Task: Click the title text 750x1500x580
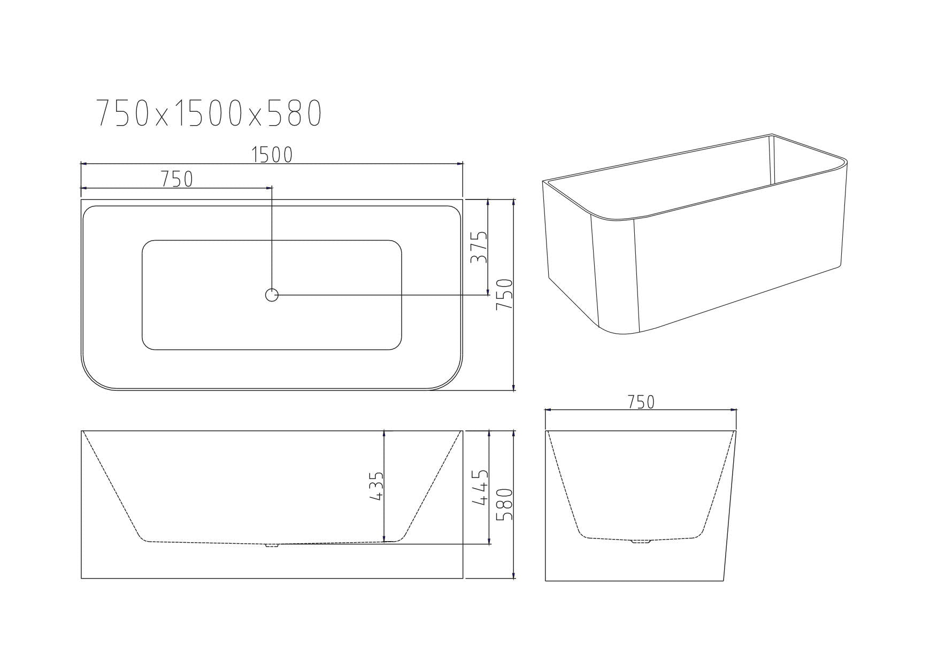(x=209, y=113)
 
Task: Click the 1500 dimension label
(x=272, y=155)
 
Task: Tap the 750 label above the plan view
(x=177, y=179)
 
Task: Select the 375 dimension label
(x=479, y=247)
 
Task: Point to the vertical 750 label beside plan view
(x=505, y=295)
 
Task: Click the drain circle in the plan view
(x=272, y=295)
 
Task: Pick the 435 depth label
(x=376, y=485)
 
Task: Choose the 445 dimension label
(x=481, y=487)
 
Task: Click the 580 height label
(x=505, y=504)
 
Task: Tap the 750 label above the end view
(x=641, y=402)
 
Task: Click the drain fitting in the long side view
(x=272, y=545)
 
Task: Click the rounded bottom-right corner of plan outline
(x=452, y=379)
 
